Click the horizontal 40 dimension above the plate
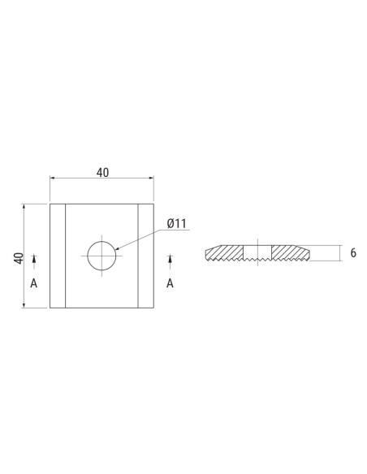click(102, 173)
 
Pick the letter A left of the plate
click(33, 283)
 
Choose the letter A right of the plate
click(170, 283)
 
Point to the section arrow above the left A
click(33, 259)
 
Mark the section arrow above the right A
click(170, 259)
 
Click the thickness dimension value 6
click(353, 253)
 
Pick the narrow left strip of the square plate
click(58, 256)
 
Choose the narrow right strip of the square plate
click(145, 256)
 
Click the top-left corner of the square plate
click(50, 204)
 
